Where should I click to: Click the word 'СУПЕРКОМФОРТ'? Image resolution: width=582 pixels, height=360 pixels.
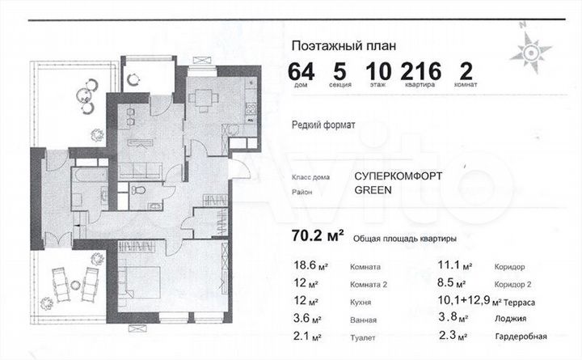pyautogui.click(x=400, y=175)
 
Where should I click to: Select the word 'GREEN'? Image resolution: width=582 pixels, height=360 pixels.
pyautogui.click(x=373, y=191)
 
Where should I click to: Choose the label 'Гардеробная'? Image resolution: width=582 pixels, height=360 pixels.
pyautogui.click(x=519, y=336)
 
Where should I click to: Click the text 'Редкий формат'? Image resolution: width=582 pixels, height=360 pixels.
pyautogui.click(x=323, y=125)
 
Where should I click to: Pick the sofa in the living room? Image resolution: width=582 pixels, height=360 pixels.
pyautogui.click(x=142, y=169)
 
